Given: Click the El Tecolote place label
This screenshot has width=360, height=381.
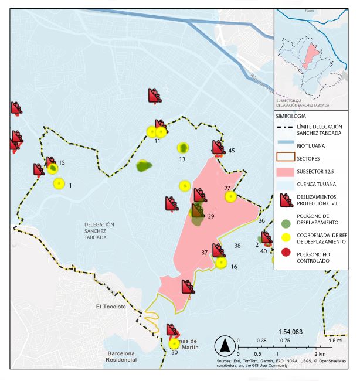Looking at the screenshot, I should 111,307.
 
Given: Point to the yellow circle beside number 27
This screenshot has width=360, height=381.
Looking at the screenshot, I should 230,196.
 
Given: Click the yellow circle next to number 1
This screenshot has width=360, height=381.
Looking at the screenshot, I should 59,183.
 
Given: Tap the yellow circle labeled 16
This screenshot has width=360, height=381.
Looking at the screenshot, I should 220,263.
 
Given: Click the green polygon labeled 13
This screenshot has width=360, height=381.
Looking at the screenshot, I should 184,147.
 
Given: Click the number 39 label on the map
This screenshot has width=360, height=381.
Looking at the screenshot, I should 210,216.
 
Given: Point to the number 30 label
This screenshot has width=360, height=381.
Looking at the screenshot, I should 174,352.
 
